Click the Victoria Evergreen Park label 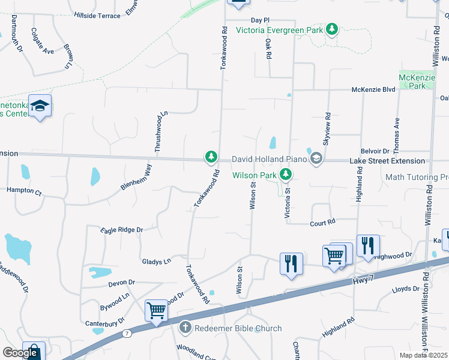pyautogui.click(x=279, y=30)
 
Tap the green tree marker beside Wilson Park pyautogui.click(x=286, y=175)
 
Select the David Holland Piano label pyautogui.click(x=269, y=160)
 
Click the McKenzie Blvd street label pyautogui.click(x=373, y=90)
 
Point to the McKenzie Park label pyautogui.click(x=412, y=82)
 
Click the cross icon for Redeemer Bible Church pyautogui.click(x=185, y=328)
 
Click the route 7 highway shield pyautogui.click(x=127, y=333)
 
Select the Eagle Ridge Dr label pyautogui.click(x=121, y=230)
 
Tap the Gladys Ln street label pyautogui.click(x=156, y=262)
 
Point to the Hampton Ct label pyautogui.click(x=24, y=193)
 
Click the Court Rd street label pyautogui.click(x=322, y=223)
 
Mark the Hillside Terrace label pyautogui.click(x=98, y=16)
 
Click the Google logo pyautogui.click(x=20, y=353)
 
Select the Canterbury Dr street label pyautogui.click(x=104, y=322)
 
